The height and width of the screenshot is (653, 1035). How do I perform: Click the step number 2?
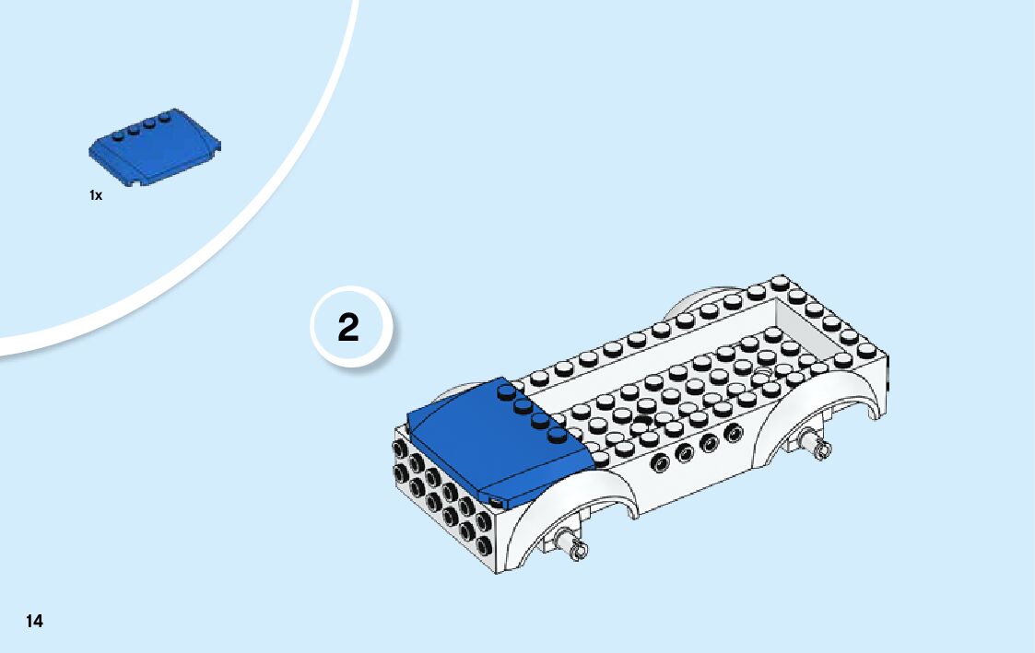(x=348, y=328)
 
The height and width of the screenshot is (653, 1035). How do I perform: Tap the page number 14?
(x=34, y=621)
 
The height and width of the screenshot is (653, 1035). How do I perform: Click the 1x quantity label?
(x=96, y=195)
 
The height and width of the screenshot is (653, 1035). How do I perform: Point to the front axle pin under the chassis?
(x=579, y=550)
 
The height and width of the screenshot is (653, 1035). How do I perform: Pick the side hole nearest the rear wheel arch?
(x=734, y=434)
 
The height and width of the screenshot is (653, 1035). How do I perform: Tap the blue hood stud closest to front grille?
(x=555, y=434)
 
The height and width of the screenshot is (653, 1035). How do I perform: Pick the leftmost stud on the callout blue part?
(x=117, y=134)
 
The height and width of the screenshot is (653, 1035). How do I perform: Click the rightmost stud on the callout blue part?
(x=166, y=116)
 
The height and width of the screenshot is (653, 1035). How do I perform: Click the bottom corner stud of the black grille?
(x=483, y=536)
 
